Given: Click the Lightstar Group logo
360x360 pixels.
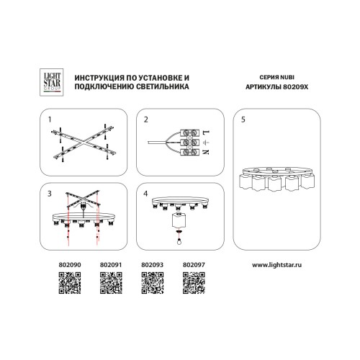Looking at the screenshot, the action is click(51, 82).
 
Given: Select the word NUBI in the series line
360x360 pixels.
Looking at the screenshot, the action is click(287, 77).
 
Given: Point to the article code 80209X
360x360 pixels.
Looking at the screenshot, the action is click(295, 87).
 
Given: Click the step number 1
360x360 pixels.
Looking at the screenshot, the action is click(50, 120).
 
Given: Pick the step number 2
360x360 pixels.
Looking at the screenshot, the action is click(146, 120).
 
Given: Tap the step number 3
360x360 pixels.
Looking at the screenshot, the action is click(50, 194).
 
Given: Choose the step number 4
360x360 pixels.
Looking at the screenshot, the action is click(145, 194).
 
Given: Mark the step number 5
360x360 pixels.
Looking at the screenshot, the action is click(243, 120).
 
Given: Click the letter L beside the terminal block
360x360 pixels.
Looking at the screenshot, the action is click(206, 132).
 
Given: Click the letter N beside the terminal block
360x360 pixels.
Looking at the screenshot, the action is click(206, 152).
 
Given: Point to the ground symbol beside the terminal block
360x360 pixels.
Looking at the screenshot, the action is click(206, 143).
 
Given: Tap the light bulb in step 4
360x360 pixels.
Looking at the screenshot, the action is click(179, 241).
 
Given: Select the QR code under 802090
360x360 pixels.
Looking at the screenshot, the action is click(70, 283).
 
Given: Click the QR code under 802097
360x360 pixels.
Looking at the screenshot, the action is click(194, 283).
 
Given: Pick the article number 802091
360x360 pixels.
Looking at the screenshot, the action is click(111, 265).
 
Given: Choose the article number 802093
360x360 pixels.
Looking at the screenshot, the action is click(153, 265).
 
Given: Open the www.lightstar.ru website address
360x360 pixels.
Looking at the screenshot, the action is click(276, 265).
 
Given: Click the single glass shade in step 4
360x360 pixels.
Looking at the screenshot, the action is click(179, 220).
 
